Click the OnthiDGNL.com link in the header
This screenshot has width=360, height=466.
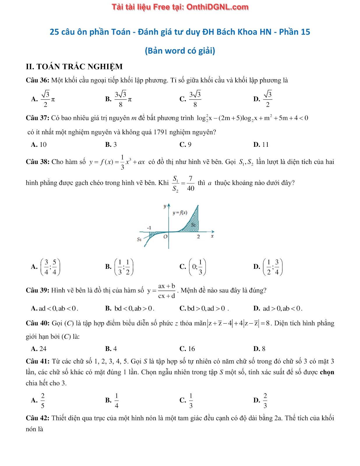point(217,7)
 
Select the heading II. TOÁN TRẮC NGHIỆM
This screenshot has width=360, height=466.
point(74,67)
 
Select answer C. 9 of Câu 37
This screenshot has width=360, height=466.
point(186,145)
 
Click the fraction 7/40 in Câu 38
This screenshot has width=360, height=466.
point(190,183)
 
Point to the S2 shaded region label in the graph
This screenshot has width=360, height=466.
point(193,225)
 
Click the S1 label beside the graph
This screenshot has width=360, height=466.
point(139,239)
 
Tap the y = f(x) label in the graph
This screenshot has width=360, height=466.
point(180,213)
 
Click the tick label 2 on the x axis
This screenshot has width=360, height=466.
point(198,237)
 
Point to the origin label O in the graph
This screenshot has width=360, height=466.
point(165,237)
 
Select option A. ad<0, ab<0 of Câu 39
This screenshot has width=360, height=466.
point(54,308)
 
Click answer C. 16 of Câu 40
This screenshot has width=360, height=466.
point(187,349)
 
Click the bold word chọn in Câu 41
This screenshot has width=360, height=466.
point(327,372)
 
